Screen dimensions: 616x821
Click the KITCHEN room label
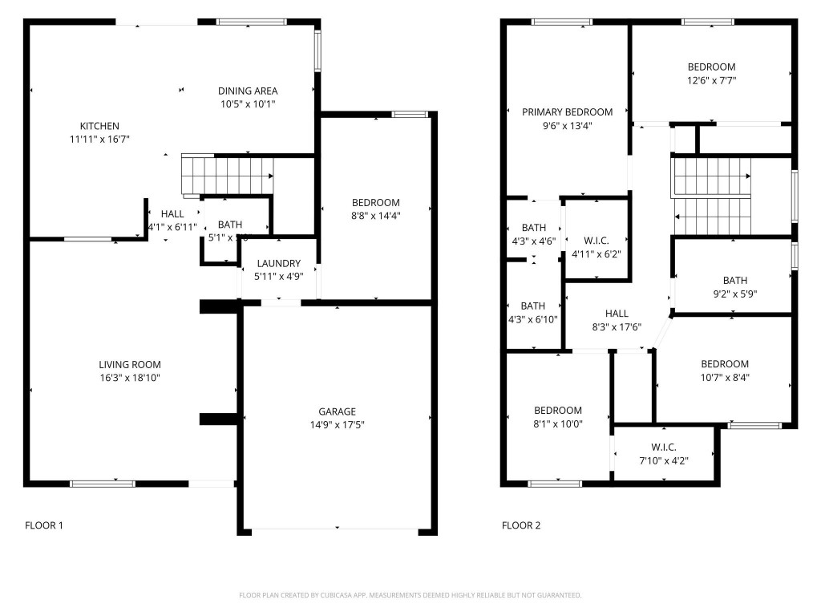pyautogui.click(x=99, y=126)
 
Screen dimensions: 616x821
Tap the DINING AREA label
pyautogui.click(x=248, y=91)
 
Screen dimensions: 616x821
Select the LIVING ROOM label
pyautogui.click(x=130, y=365)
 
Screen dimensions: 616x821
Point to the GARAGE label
pyautogui.click(x=337, y=411)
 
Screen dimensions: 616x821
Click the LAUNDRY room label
pyautogui.click(x=279, y=264)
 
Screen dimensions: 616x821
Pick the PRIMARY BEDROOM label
pyautogui.click(x=567, y=112)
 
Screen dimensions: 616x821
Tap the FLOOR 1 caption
pyautogui.click(x=44, y=526)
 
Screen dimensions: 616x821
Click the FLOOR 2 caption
pyautogui.click(x=521, y=526)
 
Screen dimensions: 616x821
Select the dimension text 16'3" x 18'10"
pyautogui.click(x=130, y=378)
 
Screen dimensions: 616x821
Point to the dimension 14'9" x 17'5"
pyautogui.click(x=337, y=424)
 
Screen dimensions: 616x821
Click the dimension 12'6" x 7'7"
pyautogui.click(x=711, y=80)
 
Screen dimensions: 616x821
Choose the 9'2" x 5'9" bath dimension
pyautogui.click(x=734, y=294)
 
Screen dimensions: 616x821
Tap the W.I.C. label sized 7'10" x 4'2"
pyautogui.click(x=664, y=447)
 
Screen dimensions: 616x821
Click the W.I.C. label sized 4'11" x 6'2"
pyautogui.click(x=597, y=241)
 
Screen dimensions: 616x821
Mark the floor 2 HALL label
pyautogui.click(x=617, y=314)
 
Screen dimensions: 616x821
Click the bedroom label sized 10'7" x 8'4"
pyautogui.click(x=725, y=364)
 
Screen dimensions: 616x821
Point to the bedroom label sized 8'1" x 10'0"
pyautogui.click(x=558, y=411)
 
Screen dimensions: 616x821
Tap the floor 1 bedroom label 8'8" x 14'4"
pyautogui.click(x=375, y=202)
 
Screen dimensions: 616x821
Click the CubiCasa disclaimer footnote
pyautogui.click(x=410, y=595)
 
